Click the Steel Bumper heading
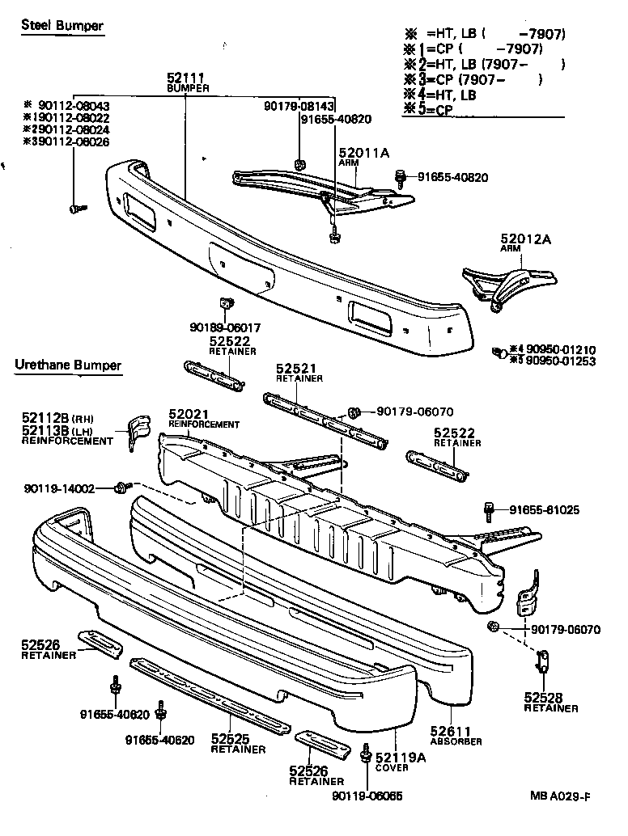pos(62,26)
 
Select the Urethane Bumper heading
pos(68,365)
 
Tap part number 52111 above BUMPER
pos(186,78)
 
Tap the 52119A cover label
pos(401,758)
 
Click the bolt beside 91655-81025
pos(488,509)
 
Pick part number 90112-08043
pos(72,106)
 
